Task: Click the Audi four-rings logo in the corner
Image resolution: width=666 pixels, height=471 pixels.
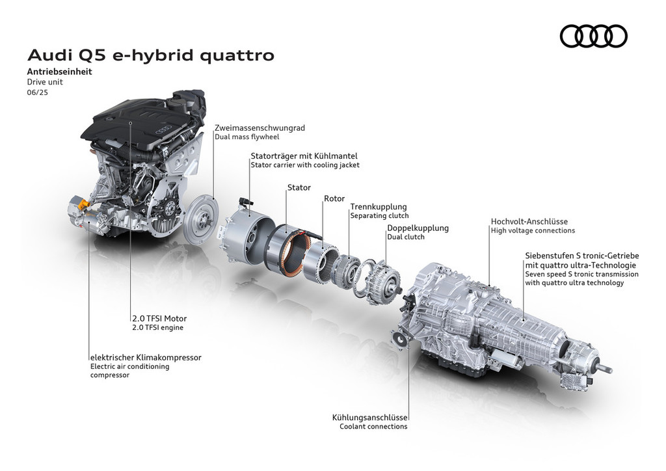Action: coord(593,36)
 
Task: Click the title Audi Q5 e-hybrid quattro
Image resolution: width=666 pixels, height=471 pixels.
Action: coord(151,55)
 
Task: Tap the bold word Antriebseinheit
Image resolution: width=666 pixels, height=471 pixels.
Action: coord(59,72)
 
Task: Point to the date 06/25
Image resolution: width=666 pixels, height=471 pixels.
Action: coord(37,92)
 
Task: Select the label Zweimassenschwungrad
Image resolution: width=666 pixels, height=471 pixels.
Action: coord(260,128)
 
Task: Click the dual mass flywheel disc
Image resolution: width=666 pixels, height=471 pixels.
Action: coord(202,219)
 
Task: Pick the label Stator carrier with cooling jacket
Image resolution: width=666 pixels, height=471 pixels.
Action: coord(305,165)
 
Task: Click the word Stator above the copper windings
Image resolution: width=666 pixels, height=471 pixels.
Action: coord(299,187)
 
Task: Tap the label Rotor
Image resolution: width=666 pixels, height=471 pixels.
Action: coord(334,198)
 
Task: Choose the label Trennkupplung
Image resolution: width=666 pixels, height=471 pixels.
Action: coord(379,207)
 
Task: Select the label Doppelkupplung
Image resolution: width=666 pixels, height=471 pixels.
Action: coord(418,228)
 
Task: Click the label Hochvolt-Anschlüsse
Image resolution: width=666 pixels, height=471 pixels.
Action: coord(529,221)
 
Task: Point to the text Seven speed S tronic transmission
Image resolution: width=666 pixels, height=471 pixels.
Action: coord(581,275)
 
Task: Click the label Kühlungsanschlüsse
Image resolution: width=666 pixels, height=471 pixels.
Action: coord(369,418)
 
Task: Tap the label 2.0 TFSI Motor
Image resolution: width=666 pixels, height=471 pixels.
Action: coord(159,319)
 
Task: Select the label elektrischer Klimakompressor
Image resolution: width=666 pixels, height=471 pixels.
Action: coord(146,358)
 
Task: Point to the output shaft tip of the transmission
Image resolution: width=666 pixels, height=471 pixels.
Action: coord(609,369)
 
